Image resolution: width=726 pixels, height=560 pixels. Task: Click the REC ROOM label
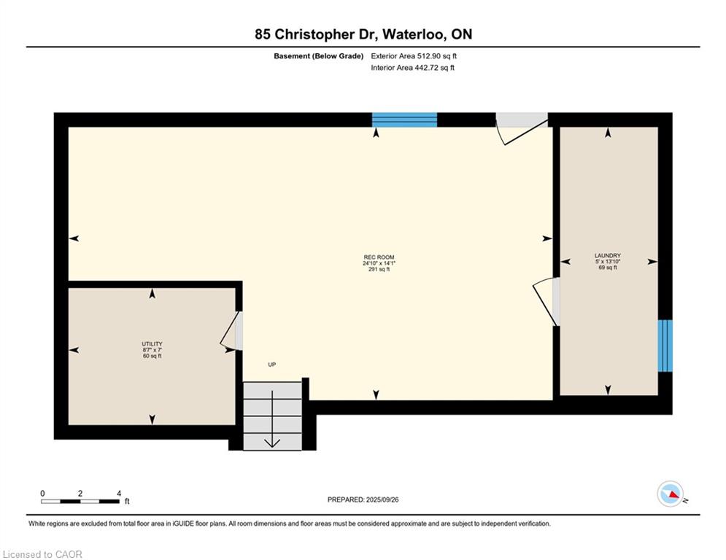click(379, 257)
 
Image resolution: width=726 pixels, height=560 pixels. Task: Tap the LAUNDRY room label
click(607, 256)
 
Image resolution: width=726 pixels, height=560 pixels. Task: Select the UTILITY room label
click(152, 344)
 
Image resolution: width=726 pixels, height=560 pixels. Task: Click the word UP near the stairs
click(271, 365)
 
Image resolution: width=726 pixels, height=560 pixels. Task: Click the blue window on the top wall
click(404, 120)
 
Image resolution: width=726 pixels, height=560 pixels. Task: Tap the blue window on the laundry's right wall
click(665, 346)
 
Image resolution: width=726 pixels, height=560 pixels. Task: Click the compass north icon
click(670, 494)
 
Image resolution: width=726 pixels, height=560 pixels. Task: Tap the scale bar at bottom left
click(80, 501)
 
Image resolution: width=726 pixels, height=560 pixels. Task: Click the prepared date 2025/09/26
click(363, 499)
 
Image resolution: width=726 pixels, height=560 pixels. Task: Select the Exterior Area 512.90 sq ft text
click(414, 55)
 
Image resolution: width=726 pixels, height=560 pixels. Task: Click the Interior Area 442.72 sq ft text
click(412, 68)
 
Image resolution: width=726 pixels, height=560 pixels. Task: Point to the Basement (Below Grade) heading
click(318, 55)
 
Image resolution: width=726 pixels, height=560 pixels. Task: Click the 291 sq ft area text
click(379, 270)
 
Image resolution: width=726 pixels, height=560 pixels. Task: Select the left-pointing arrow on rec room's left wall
click(74, 238)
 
